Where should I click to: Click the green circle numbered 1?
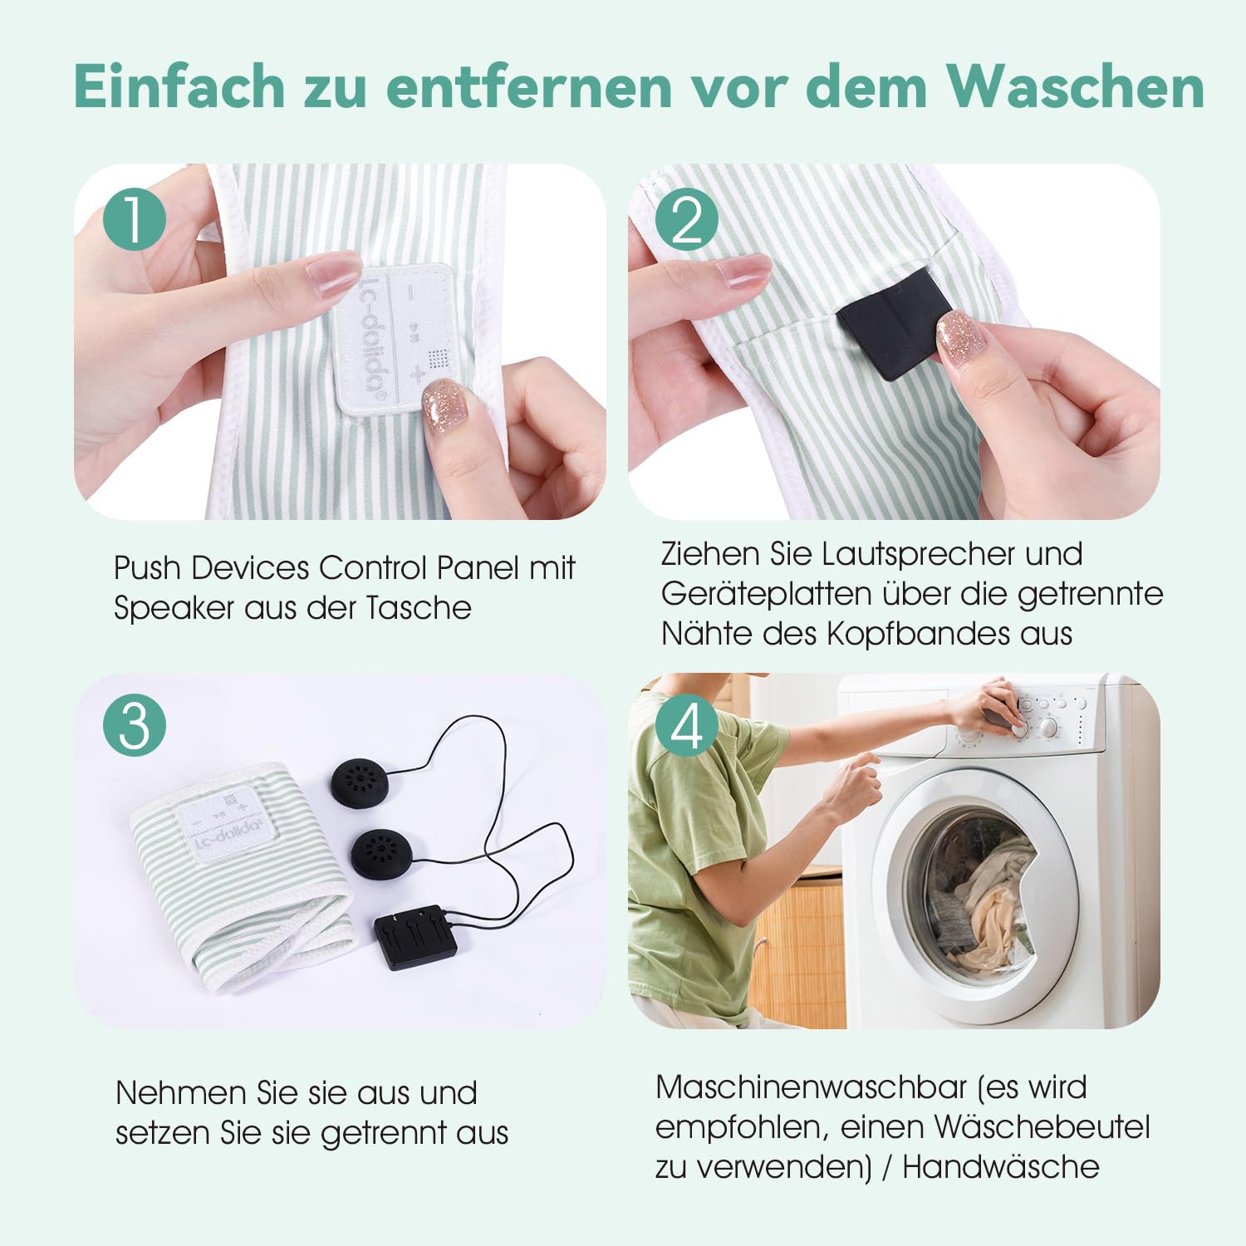(x=135, y=219)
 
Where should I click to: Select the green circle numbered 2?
(x=687, y=219)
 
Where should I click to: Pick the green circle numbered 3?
(x=135, y=725)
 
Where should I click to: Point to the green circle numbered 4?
(x=687, y=725)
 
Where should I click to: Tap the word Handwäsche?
(x=1001, y=1167)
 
